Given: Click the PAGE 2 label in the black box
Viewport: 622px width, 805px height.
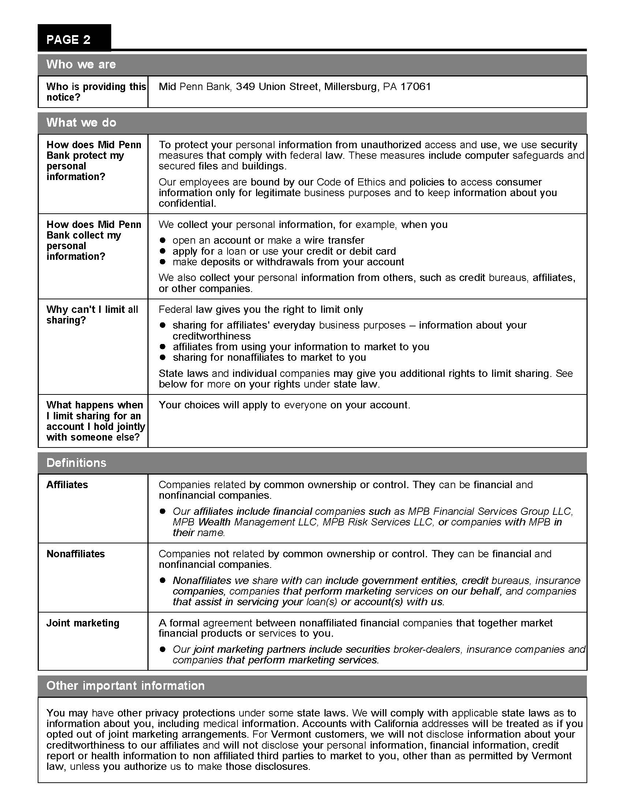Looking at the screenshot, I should (68, 40).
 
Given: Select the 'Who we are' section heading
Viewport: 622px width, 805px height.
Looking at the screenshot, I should (81, 64).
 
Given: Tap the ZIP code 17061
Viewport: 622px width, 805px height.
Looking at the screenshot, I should (416, 87).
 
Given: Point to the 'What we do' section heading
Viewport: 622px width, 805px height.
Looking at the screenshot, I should (81, 122).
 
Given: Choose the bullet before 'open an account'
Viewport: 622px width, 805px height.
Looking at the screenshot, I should (162, 240).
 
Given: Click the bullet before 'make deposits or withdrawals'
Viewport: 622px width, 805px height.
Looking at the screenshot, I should (162, 262).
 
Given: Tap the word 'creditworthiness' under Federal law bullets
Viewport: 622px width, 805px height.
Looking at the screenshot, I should (211, 336).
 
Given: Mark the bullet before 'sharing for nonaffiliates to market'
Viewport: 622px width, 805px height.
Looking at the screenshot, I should (162, 357).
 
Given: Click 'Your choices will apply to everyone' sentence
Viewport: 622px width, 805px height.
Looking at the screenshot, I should (284, 405).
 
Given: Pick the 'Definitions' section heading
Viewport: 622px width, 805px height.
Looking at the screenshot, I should (76, 463).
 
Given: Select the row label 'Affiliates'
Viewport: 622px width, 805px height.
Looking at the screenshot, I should (67, 485).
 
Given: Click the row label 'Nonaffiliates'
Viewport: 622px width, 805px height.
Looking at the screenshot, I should (75, 554).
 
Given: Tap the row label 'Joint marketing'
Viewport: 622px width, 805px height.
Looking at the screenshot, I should (83, 623).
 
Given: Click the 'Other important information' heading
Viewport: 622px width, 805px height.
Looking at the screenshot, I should (125, 686).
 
